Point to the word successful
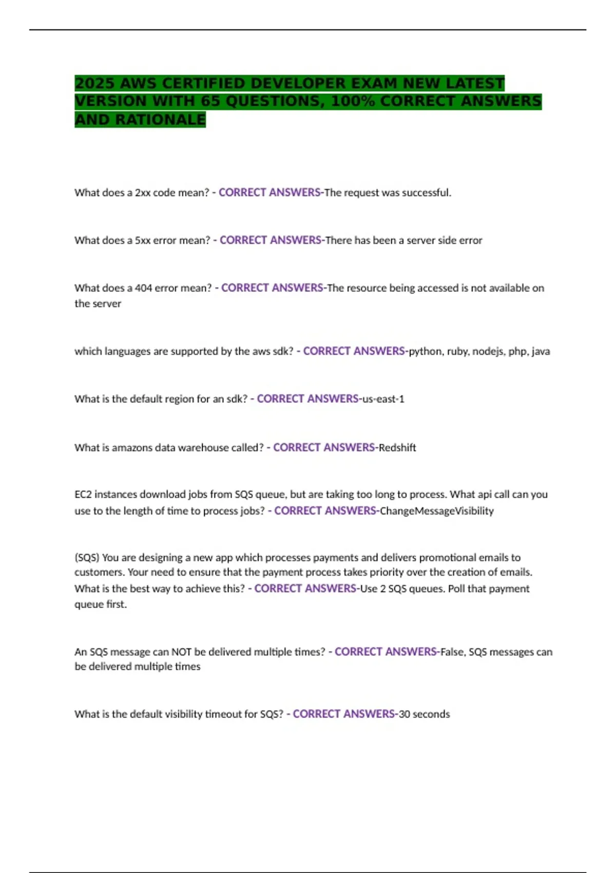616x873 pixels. [x=426, y=193]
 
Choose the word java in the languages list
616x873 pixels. [x=541, y=351]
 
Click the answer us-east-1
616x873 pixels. [x=383, y=399]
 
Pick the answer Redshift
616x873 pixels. [x=397, y=447]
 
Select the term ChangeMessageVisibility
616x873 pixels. [x=436, y=511]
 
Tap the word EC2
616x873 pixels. [x=83, y=495]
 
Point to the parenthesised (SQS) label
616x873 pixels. [x=87, y=558]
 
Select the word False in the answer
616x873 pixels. [x=452, y=652]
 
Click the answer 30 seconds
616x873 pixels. [x=424, y=714]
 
